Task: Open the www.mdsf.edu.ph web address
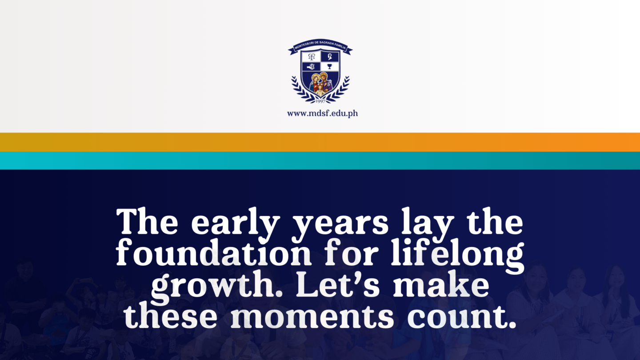tap(322, 113)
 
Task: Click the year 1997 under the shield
tap(320, 100)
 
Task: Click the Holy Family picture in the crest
tap(320, 84)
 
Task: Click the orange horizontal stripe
tap(320, 142)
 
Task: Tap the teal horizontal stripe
tap(320, 160)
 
